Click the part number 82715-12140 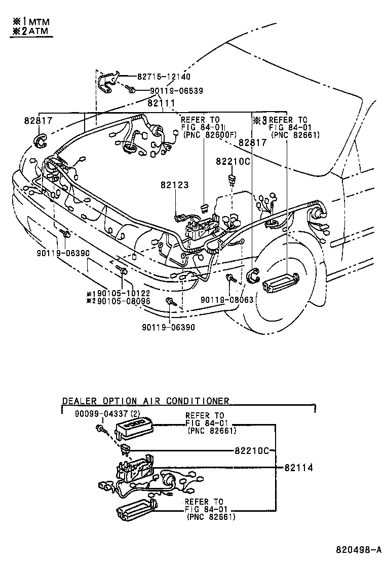pos(164,77)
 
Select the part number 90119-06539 pos(176,91)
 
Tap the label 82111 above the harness pos(161,103)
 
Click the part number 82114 pos(298,468)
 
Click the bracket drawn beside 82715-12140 pos(107,82)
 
